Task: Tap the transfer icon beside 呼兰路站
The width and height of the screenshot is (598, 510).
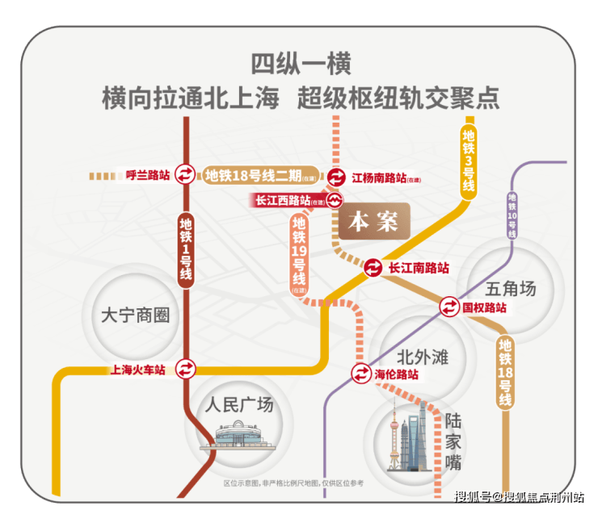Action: tap(186, 175)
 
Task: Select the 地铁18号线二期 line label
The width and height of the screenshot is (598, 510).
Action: tap(253, 175)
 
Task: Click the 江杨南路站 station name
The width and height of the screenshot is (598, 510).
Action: tap(380, 178)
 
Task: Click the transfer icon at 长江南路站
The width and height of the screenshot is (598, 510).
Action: tap(373, 268)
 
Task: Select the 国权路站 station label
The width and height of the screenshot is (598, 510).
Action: tap(484, 307)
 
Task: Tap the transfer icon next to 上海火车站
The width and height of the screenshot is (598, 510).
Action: tap(187, 370)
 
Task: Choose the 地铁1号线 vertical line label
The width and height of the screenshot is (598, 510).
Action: tap(187, 249)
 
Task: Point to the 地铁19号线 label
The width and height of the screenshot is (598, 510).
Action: tap(299, 252)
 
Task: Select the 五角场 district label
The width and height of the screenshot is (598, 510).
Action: tap(512, 287)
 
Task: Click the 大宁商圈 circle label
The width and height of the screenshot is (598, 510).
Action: tap(137, 316)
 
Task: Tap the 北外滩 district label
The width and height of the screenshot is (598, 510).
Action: tap(422, 357)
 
